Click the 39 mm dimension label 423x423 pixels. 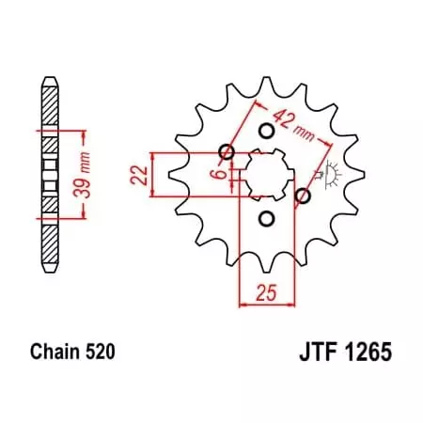pos(83,172)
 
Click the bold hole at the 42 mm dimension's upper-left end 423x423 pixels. pos(226,152)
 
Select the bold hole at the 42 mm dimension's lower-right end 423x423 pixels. pos(303,196)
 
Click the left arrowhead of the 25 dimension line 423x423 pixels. pos(244,303)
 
